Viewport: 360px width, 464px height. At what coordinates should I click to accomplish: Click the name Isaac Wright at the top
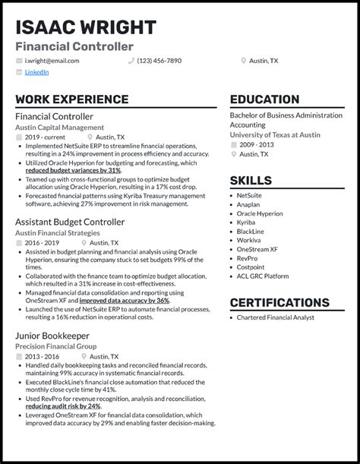pyautogui.click(x=85, y=27)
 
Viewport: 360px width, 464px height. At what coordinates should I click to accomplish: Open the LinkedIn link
pyautogui.click(x=36, y=72)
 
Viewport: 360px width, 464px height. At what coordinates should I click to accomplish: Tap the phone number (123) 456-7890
pyautogui.click(x=159, y=60)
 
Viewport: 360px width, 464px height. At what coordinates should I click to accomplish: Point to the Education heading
pyautogui.click(x=264, y=99)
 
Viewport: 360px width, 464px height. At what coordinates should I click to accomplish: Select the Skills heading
pyautogui.click(x=251, y=181)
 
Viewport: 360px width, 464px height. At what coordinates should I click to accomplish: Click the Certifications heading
pyautogui.click(x=279, y=302)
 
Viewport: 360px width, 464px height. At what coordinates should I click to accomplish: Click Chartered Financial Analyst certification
pyautogui.click(x=275, y=317)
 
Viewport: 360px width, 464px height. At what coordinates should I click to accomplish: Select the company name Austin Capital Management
pyautogui.click(x=60, y=127)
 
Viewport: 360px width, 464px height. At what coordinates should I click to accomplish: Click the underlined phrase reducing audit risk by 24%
pyautogui.click(x=63, y=406)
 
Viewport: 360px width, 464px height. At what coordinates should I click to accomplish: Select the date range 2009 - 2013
pyautogui.click(x=257, y=144)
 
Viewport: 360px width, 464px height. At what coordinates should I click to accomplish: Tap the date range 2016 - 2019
pyautogui.click(x=43, y=243)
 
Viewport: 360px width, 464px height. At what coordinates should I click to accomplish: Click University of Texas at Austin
pyautogui.click(x=275, y=134)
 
